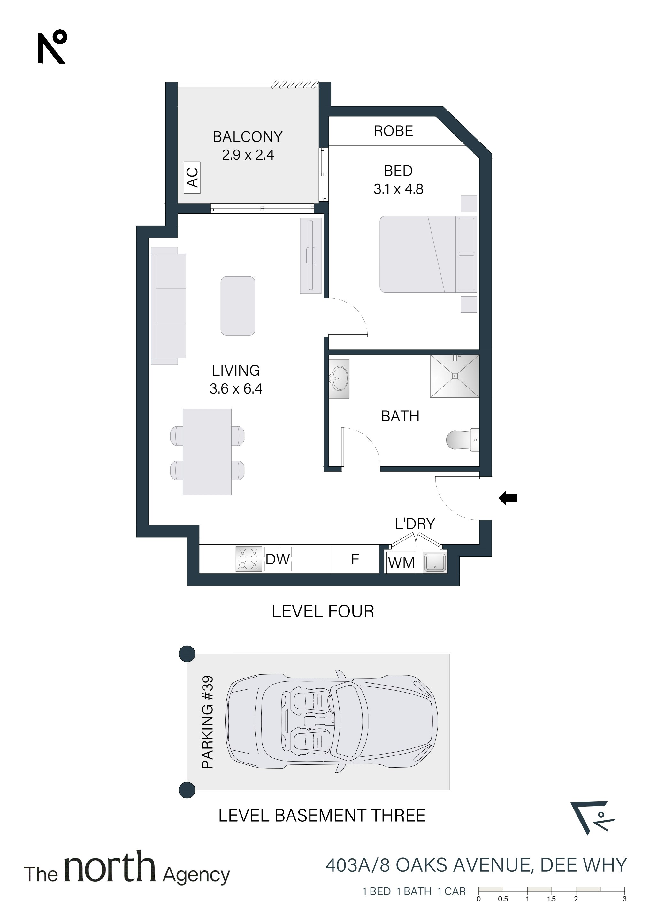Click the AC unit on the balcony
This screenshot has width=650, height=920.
click(x=192, y=178)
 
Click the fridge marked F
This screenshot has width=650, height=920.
click(x=355, y=559)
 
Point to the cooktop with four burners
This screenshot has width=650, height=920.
click(x=249, y=559)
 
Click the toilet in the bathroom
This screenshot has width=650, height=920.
click(x=463, y=440)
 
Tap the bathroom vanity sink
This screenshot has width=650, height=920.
click(x=339, y=379)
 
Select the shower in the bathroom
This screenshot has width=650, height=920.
click(x=455, y=376)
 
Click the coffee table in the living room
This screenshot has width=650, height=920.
click(x=238, y=306)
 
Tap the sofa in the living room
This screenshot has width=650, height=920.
click(x=168, y=306)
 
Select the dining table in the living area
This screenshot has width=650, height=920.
click(x=207, y=452)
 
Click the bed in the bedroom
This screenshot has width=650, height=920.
click(x=428, y=254)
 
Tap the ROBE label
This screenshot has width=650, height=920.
click(x=393, y=131)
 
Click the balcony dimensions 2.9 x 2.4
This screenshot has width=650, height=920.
click(x=248, y=155)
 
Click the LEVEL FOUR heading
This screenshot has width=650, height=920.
click(x=323, y=611)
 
